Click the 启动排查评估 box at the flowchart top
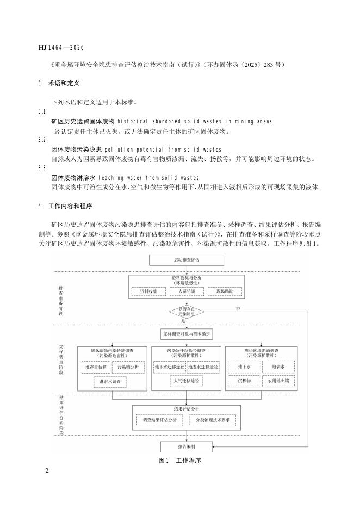[187, 260]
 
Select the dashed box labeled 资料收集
[148, 291]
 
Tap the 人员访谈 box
[187, 291]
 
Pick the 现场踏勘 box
[224, 291]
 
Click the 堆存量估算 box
[97, 368]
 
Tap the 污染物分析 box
[128, 368]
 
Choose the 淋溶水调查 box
[113, 382]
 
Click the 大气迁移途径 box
[187, 382]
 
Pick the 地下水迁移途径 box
[170, 368]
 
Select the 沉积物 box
[244, 382]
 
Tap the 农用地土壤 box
[278, 382]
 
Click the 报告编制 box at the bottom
[187, 446]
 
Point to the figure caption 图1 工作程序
[180, 461]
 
